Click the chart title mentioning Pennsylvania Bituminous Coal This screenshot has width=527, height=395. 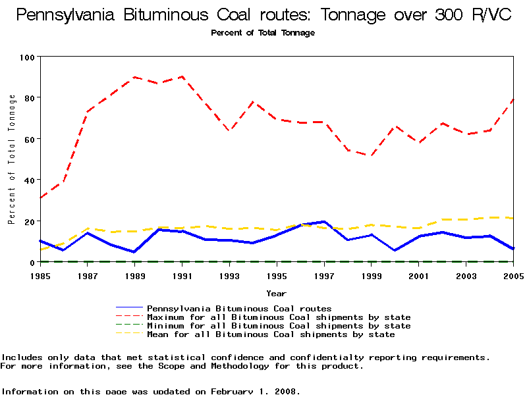263,15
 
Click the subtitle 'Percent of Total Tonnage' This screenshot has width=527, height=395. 263,33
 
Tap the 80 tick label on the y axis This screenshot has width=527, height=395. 29,97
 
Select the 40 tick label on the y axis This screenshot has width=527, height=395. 29,180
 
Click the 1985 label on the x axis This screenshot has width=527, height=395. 40,275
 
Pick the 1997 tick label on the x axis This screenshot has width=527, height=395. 324,275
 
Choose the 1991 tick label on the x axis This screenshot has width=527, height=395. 182,275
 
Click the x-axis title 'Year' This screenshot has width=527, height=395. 276,293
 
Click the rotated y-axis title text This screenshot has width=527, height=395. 12,159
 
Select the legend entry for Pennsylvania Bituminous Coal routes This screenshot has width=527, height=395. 239,308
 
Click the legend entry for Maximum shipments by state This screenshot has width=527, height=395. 279,317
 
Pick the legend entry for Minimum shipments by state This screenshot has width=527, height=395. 279,326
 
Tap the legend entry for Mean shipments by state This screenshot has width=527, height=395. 271,334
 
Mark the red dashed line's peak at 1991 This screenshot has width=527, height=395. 182,76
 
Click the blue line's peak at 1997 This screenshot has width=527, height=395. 324,222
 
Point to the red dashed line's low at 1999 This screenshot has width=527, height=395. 372,156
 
